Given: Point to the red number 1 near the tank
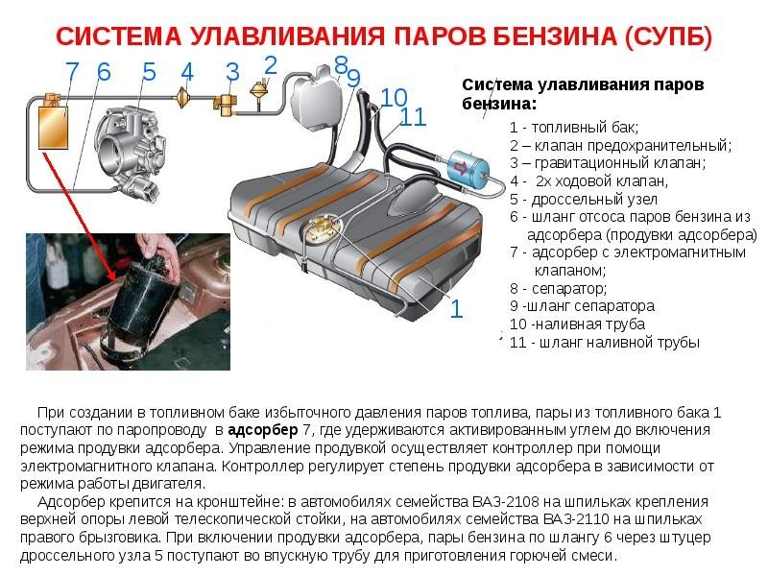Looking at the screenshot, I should [x=456, y=308].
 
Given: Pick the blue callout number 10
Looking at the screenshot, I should [x=394, y=97].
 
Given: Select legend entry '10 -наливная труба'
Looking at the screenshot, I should [x=577, y=324].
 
